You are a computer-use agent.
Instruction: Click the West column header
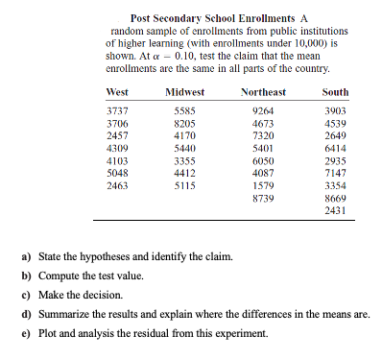(x=117, y=92)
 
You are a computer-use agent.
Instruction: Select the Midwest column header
(x=184, y=92)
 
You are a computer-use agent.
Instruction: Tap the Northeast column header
(x=263, y=92)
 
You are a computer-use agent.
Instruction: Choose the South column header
(x=336, y=92)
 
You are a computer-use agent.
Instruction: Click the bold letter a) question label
(x=28, y=256)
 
